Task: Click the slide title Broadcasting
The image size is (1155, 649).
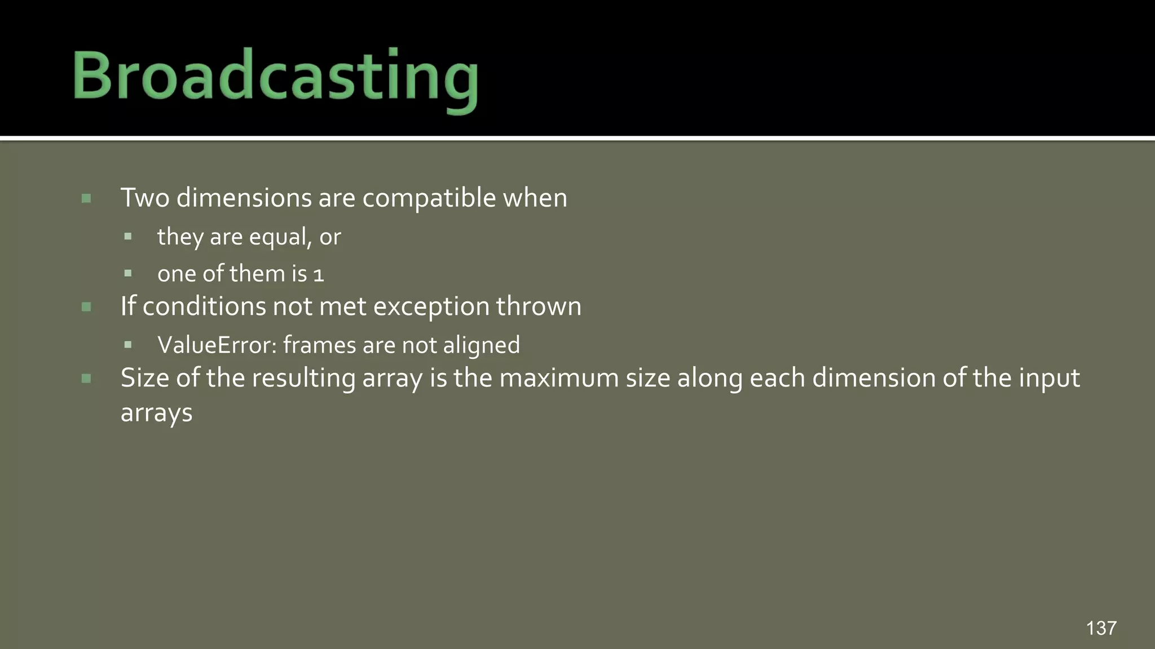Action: tap(275, 77)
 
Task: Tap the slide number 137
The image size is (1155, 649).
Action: tap(1101, 628)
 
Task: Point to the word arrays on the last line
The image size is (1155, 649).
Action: tap(156, 413)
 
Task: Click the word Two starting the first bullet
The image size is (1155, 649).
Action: tap(145, 198)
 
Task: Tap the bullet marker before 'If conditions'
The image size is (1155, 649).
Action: tap(86, 307)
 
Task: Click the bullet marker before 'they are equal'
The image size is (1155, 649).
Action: tap(128, 237)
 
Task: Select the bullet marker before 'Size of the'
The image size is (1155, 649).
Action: tap(86, 379)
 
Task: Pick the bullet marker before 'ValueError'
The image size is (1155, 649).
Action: tap(128, 345)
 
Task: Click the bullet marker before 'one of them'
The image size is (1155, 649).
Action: tap(128, 274)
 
